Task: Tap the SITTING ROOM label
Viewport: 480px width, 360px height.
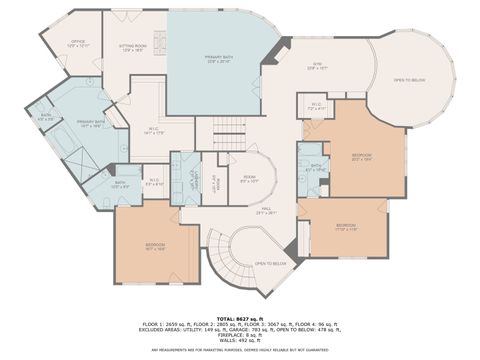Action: [x=133, y=46]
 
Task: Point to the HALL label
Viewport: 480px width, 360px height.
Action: [x=266, y=210]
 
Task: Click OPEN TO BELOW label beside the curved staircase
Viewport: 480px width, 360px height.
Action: [x=271, y=263]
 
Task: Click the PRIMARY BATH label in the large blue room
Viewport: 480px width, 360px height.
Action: [x=219, y=59]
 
